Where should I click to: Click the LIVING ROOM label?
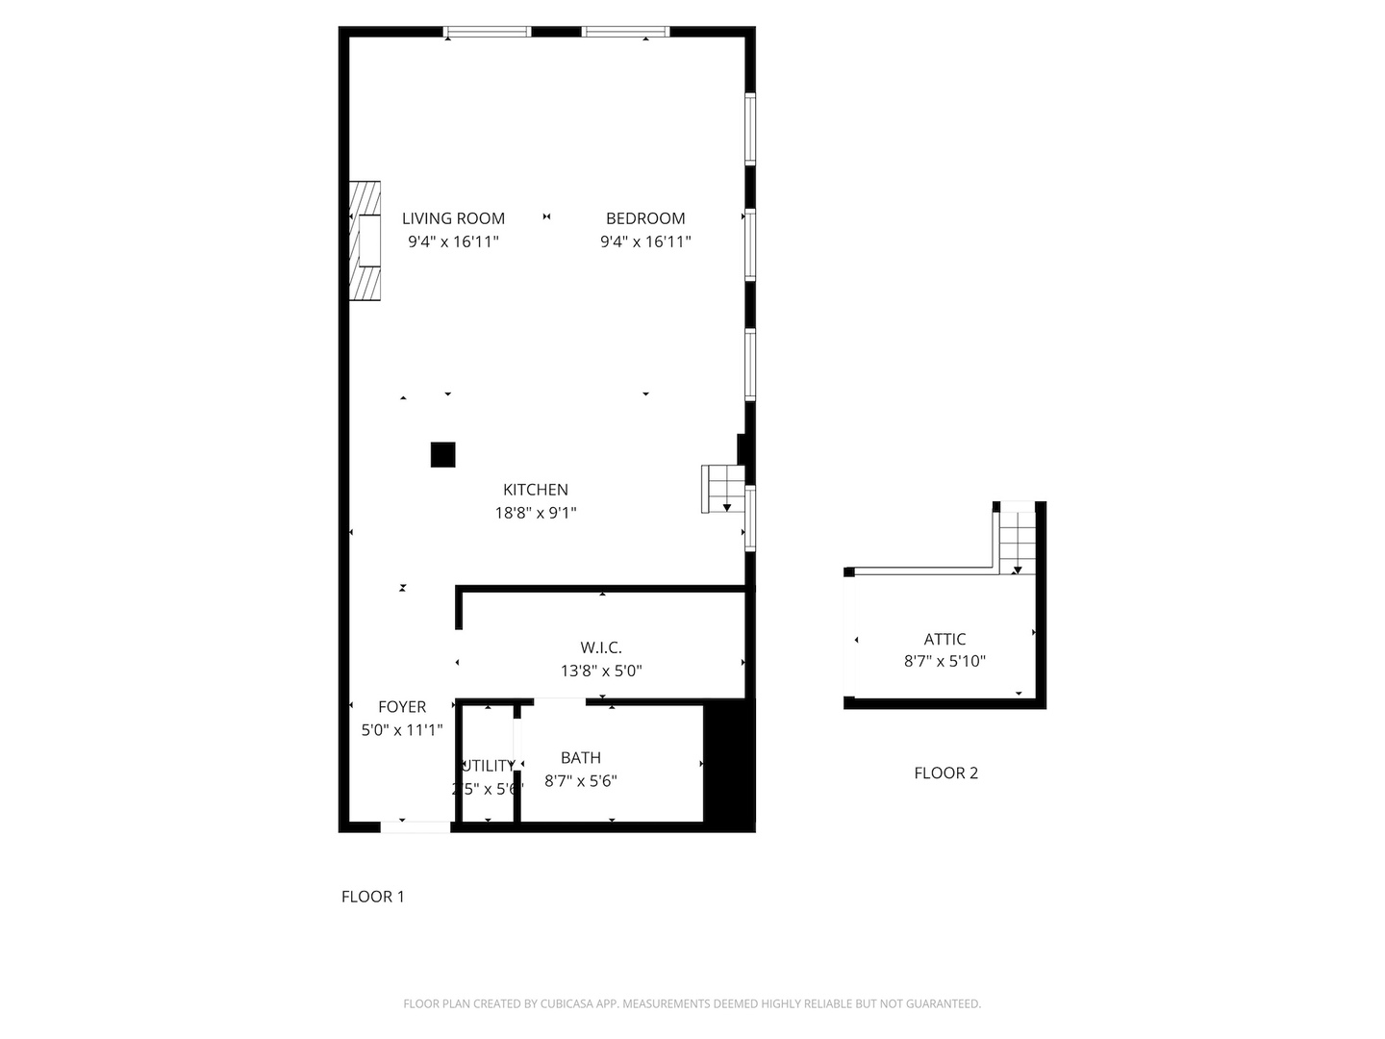pyautogui.click(x=453, y=218)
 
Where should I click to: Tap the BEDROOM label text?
pyautogui.click(x=645, y=218)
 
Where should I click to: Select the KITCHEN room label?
pyautogui.click(x=536, y=490)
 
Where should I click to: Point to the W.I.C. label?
pyautogui.click(x=601, y=647)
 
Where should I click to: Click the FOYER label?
pyautogui.click(x=402, y=707)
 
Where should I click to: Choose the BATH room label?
pyautogui.click(x=581, y=758)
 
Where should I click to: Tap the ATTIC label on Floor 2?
pyautogui.click(x=944, y=639)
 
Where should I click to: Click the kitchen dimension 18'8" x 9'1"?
pyautogui.click(x=536, y=513)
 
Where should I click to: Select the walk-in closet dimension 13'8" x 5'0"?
pyautogui.click(x=601, y=671)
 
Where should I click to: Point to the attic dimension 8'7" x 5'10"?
pyautogui.click(x=944, y=662)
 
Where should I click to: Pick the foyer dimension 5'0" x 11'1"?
pyautogui.click(x=402, y=730)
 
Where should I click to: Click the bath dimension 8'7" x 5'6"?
pyautogui.click(x=581, y=781)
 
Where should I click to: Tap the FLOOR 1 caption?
pyautogui.click(x=373, y=897)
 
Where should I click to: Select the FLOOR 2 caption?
pyautogui.click(x=945, y=773)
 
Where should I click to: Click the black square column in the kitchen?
pyautogui.click(x=442, y=454)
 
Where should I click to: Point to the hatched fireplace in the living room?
pyautogui.click(x=365, y=241)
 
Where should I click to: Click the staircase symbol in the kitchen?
pyautogui.click(x=723, y=489)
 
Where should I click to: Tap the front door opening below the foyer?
pyautogui.click(x=415, y=826)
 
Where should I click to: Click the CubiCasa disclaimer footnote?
pyautogui.click(x=692, y=1003)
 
